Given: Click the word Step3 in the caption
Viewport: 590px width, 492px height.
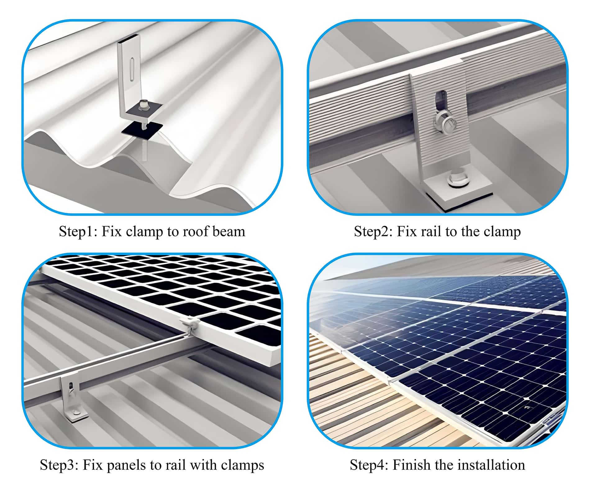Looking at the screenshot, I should click(59, 465).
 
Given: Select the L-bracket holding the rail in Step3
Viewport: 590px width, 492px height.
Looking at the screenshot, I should click(72, 397).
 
